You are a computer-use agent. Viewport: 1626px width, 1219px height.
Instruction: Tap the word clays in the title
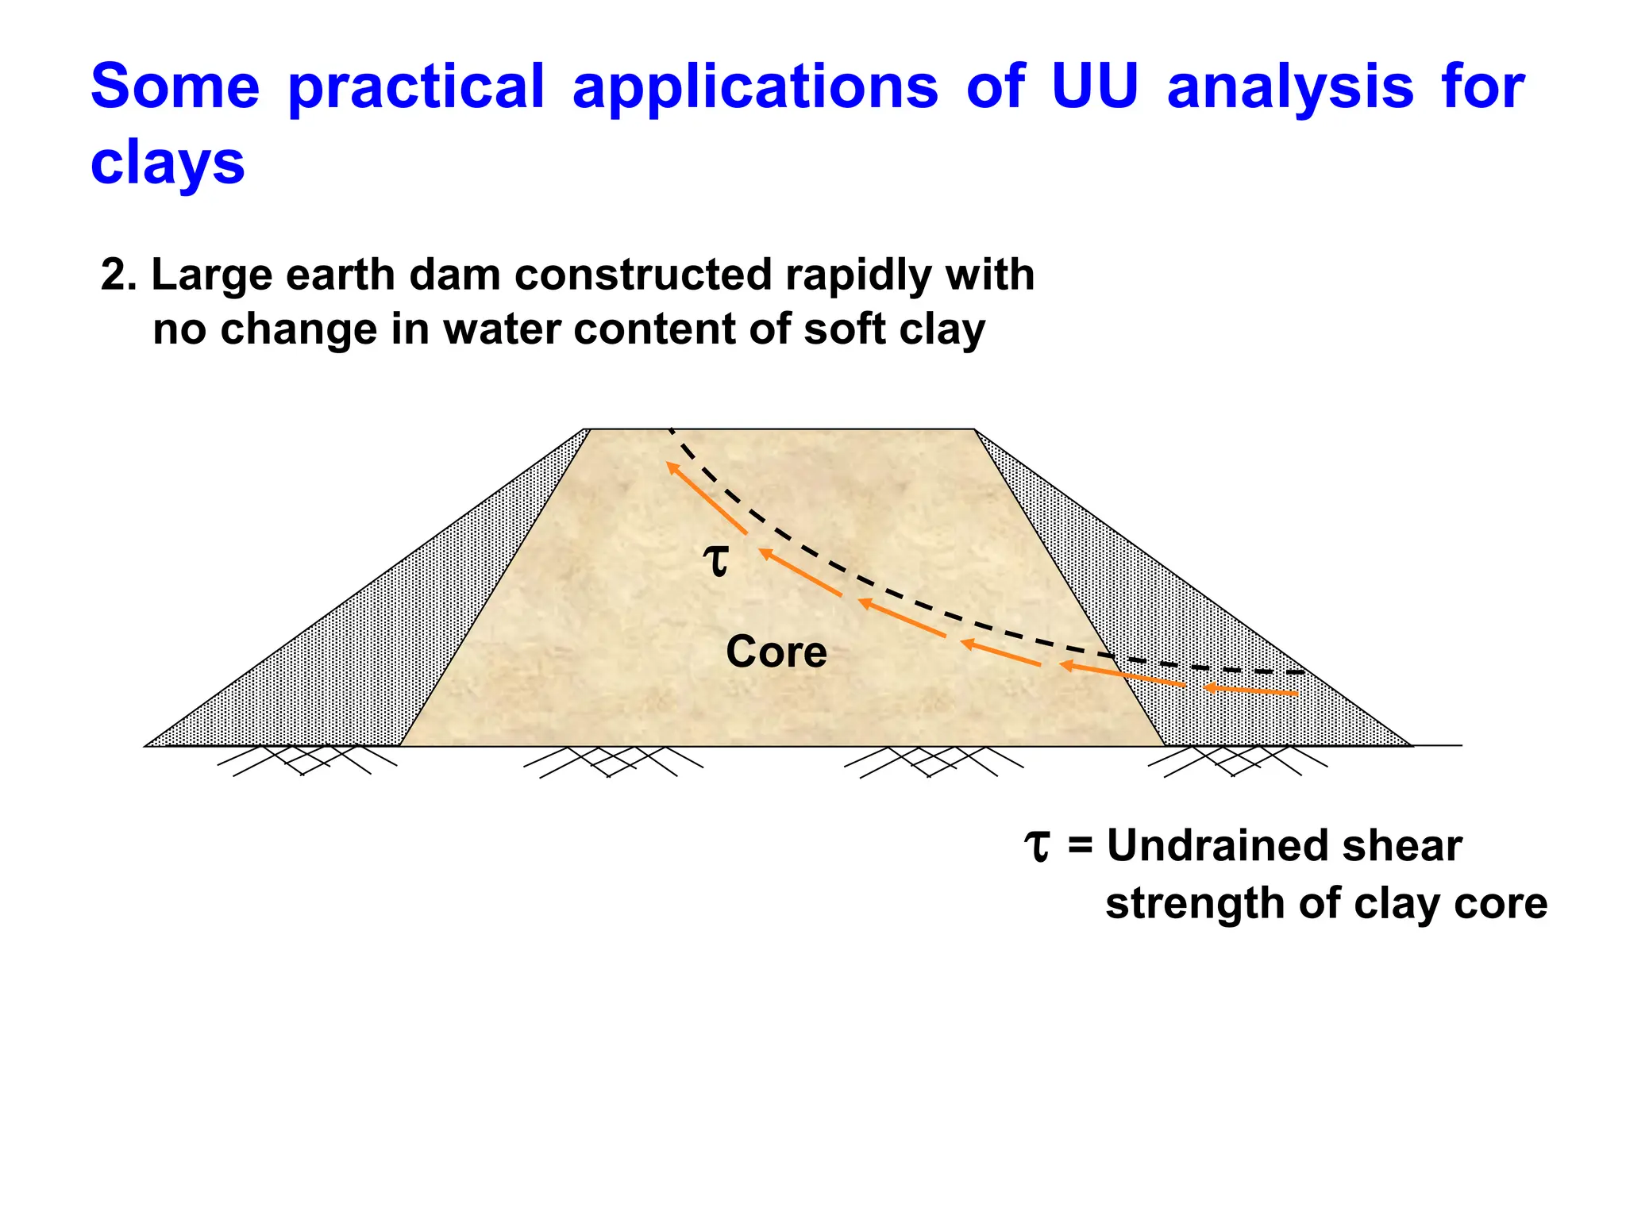point(168,163)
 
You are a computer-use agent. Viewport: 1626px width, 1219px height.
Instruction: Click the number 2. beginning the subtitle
point(119,275)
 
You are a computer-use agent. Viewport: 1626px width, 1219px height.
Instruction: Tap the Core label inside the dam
point(776,652)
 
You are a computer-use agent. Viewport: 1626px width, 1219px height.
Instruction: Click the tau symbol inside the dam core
point(715,560)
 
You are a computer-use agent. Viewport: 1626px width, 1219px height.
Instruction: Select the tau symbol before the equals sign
point(1038,845)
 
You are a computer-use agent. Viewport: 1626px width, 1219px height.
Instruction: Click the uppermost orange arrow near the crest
point(706,498)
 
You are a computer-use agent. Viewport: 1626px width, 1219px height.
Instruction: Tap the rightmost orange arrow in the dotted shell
point(1250,690)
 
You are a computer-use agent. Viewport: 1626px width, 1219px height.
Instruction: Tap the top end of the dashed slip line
point(672,431)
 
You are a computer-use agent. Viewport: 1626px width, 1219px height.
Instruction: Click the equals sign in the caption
point(1080,846)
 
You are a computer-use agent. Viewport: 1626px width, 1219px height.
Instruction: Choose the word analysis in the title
point(1290,87)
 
